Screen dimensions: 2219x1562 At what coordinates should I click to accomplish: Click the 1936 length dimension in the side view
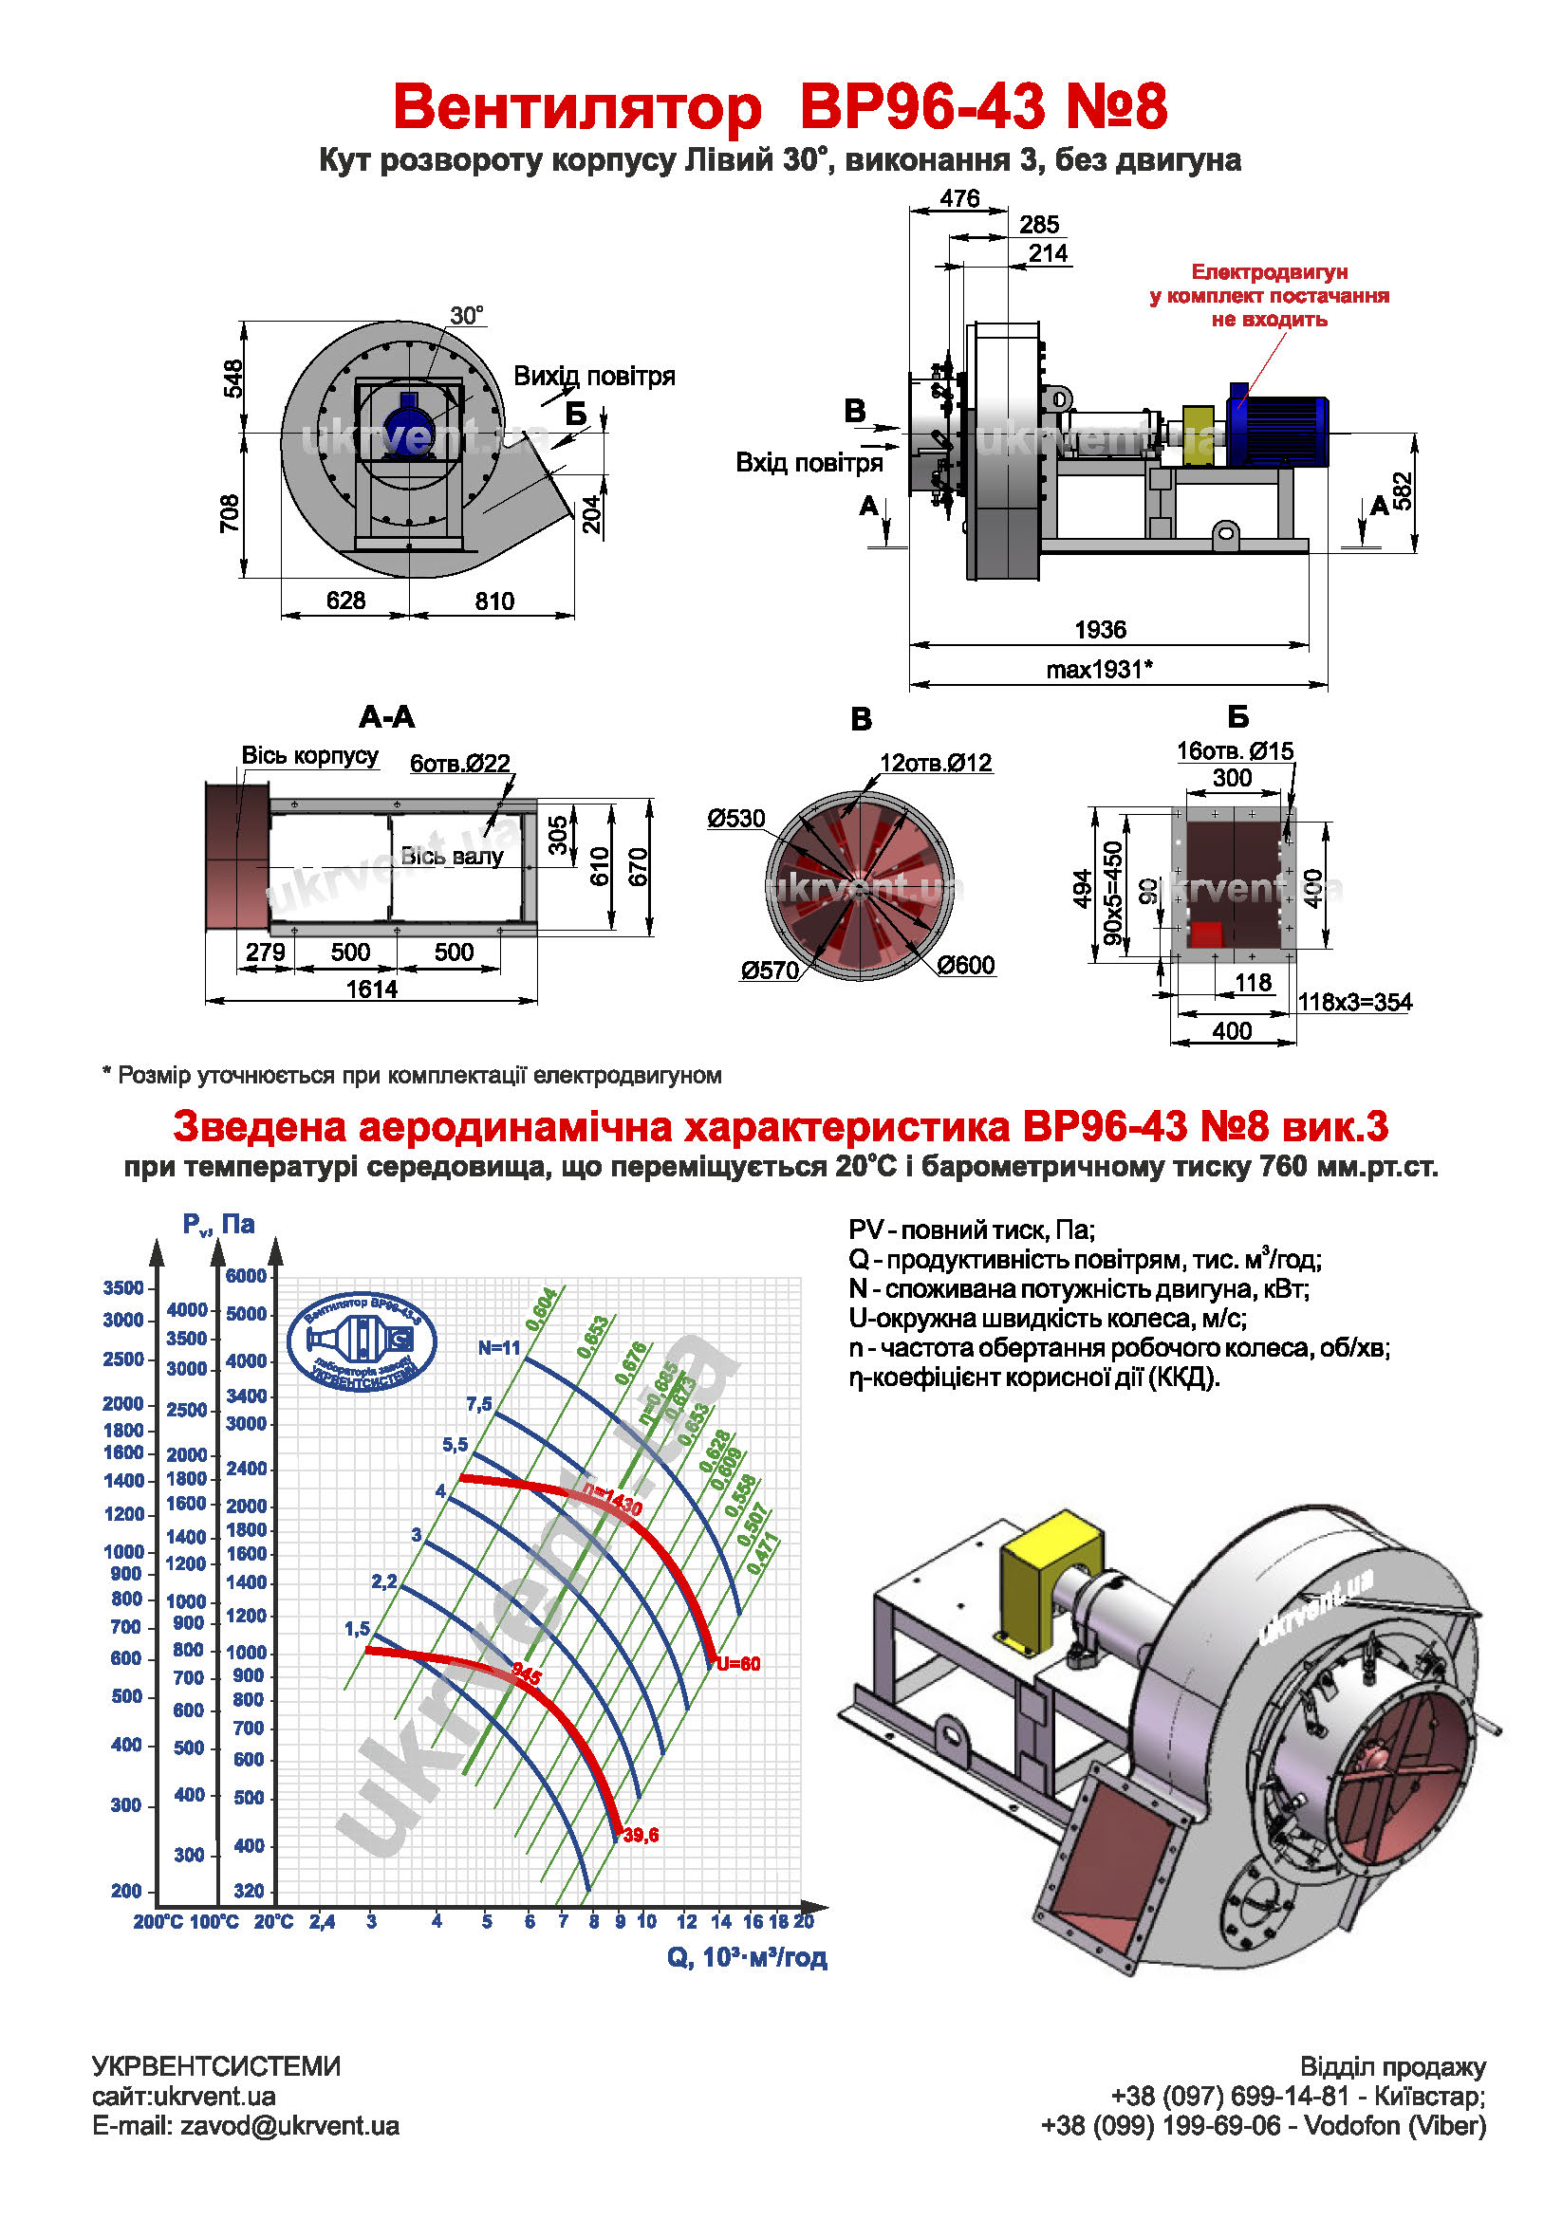pyautogui.click(x=1099, y=629)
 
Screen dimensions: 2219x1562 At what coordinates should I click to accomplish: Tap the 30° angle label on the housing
pyautogui.click(x=466, y=316)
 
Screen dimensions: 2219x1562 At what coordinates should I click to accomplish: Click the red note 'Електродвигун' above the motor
pyautogui.click(x=1268, y=272)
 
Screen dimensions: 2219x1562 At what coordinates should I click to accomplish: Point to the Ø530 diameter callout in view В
pyautogui.click(x=735, y=819)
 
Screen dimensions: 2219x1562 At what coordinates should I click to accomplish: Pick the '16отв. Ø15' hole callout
pyautogui.click(x=1234, y=751)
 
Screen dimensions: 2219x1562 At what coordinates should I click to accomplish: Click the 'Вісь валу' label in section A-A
pyautogui.click(x=452, y=857)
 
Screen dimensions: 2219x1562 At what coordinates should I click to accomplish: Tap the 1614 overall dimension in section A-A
pyautogui.click(x=371, y=989)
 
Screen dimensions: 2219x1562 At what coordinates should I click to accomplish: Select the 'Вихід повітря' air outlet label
pyautogui.click(x=593, y=376)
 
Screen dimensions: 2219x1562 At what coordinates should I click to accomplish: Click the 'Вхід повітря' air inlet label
pyautogui.click(x=809, y=463)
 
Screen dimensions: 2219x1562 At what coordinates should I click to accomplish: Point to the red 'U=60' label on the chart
pyautogui.click(x=738, y=1664)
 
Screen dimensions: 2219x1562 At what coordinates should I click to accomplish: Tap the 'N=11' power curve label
pyautogui.click(x=499, y=1347)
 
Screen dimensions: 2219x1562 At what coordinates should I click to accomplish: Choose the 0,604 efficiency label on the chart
pyautogui.click(x=541, y=1307)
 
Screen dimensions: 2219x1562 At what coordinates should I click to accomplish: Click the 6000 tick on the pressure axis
pyautogui.click(x=246, y=1276)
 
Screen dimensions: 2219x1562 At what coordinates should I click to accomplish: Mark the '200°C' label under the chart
pyautogui.click(x=158, y=1922)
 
